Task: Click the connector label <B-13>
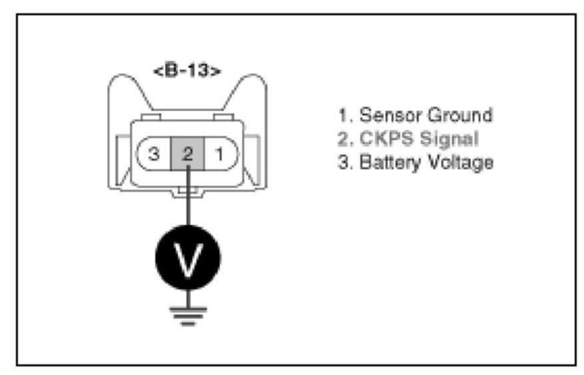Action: click(x=188, y=71)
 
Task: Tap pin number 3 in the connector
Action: click(x=154, y=155)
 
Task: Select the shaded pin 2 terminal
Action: click(x=188, y=155)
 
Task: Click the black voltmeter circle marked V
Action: click(x=188, y=258)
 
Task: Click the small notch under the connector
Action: click(x=188, y=193)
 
